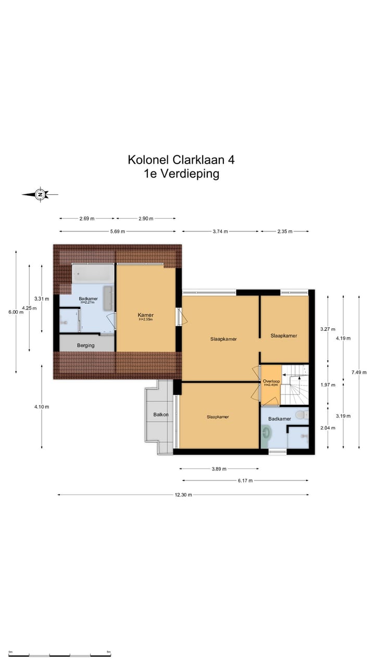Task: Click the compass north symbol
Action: [40, 194]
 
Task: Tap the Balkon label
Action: [161, 415]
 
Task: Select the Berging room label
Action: [86, 345]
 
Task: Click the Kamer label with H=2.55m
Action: [146, 316]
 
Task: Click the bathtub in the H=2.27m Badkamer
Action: [92, 274]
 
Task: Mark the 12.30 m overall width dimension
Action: [183, 495]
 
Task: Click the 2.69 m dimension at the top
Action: [87, 219]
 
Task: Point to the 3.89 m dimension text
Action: [219, 468]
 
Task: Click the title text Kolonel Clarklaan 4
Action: [181, 159]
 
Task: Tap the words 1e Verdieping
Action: [181, 174]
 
